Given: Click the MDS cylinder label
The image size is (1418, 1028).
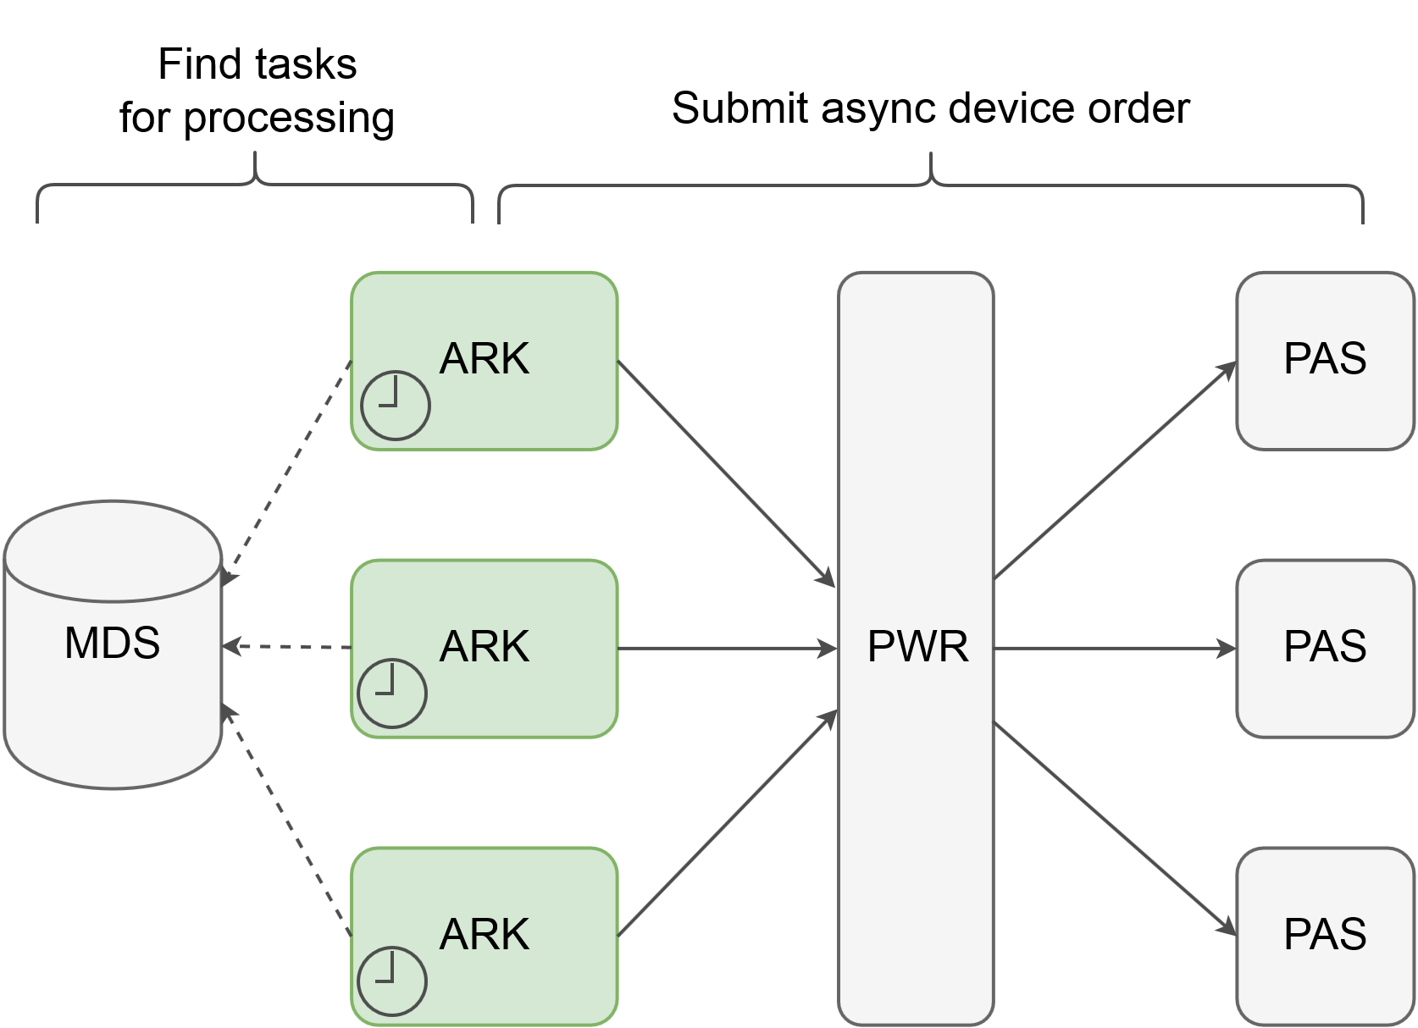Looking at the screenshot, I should tap(112, 644).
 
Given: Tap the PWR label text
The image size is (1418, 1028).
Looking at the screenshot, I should tap(917, 648).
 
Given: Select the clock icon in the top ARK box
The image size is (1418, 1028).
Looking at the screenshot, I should tap(396, 406).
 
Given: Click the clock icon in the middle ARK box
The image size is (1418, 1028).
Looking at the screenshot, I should tap(392, 694).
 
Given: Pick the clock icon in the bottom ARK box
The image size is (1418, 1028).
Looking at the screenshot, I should tap(392, 981).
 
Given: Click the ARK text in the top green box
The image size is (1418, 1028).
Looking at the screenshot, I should tap(484, 359).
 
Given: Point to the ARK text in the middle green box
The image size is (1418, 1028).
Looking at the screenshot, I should tap(484, 647).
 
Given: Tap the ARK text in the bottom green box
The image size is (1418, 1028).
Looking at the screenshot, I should tap(484, 935).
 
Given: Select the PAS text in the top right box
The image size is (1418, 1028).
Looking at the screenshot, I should tap(1325, 359).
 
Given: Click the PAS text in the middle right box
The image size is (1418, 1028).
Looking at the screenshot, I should tap(1325, 647).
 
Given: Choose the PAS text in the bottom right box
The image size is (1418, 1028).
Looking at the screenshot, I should tap(1325, 935).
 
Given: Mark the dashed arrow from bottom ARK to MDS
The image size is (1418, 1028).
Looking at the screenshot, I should tap(286, 820).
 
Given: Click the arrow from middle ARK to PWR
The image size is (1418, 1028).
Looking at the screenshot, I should tap(727, 649).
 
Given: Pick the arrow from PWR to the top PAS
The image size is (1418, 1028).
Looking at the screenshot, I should tap(1115, 471).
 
